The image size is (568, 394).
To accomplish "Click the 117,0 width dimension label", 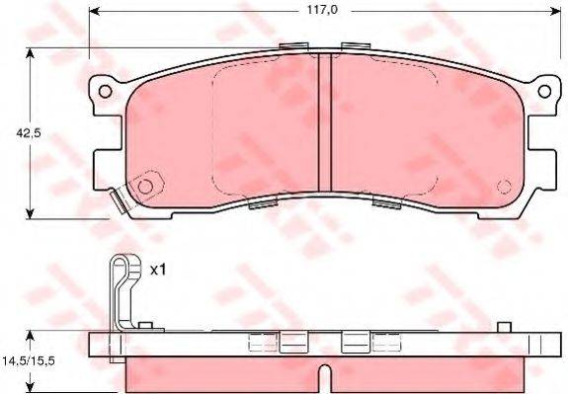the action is pyautogui.click(x=322, y=10).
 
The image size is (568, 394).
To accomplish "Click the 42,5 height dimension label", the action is pyautogui.click(x=29, y=133).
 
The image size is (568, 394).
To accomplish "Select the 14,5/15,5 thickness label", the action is pyautogui.click(x=29, y=360).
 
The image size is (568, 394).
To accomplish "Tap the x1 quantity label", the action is pyautogui.click(x=158, y=270).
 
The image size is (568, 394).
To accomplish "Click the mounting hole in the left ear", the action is pyautogui.click(x=105, y=91).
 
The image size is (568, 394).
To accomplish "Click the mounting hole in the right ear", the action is pyautogui.click(x=544, y=91).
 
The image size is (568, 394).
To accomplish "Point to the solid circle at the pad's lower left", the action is pyautogui.click(x=145, y=187).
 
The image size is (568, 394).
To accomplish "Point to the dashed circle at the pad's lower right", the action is pyautogui.click(x=504, y=187).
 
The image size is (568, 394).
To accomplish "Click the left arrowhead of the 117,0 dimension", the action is pyautogui.click(x=94, y=11).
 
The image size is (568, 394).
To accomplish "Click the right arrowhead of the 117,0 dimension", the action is pyautogui.click(x=556, y=11).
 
